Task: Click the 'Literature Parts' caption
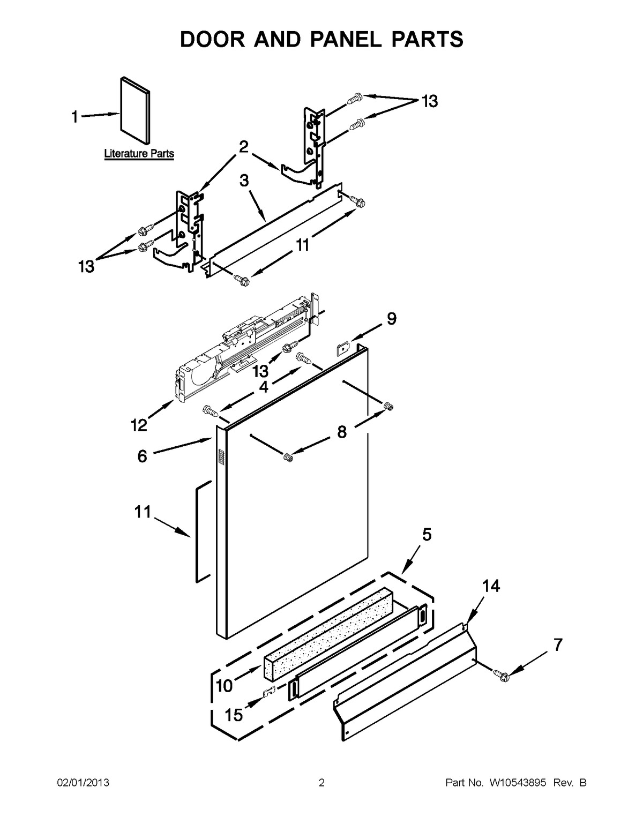[x=139, y=154]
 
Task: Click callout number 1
[x=75, y=116]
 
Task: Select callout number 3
[x=244, y=181]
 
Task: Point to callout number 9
[x=392, y=319]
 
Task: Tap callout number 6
[x=142, y=456]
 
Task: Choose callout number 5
[x=427, y=534]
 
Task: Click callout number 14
[x=491, y=587]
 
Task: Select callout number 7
[x=558, y=646]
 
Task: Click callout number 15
[x=234, y=715]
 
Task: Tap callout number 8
[x=341, y=432]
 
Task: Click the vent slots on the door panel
[x=220, y=456]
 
